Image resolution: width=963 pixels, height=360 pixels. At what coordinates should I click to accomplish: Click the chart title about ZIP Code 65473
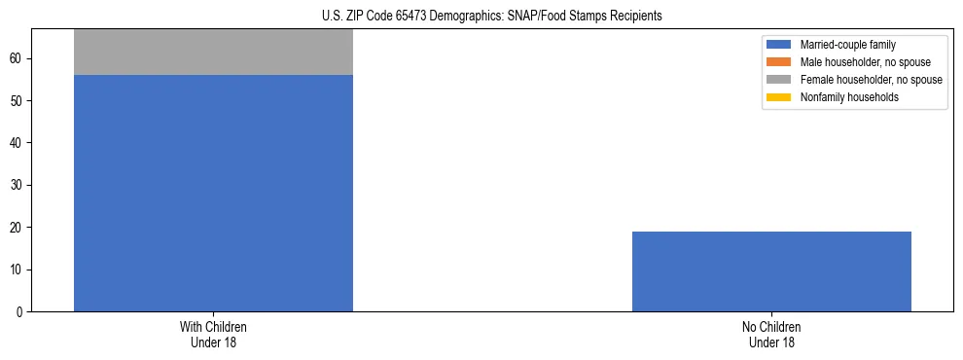click(491, 17)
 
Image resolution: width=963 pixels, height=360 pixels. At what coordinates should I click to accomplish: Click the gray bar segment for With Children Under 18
click(213, 53)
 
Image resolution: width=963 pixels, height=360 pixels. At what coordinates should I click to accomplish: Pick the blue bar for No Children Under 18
click(771, 271)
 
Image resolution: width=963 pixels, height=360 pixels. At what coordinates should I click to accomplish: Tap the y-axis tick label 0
click(20, 311)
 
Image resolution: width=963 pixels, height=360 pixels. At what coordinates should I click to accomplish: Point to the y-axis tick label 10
click(18, 270)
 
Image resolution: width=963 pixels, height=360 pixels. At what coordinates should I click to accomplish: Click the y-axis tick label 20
click(18, 228)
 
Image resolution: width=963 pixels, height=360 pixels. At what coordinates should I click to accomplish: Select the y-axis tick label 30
click(18, 185)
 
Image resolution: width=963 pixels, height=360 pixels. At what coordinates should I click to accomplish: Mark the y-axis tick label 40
click(18, 143)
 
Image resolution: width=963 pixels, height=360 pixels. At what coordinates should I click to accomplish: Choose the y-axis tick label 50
click(18, 101)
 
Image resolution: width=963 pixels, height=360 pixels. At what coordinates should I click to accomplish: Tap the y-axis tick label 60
click(18, 59)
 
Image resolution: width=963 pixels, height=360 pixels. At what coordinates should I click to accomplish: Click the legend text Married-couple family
click(848, 45)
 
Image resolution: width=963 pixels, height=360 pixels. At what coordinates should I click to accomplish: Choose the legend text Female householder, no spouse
click(871, 80)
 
